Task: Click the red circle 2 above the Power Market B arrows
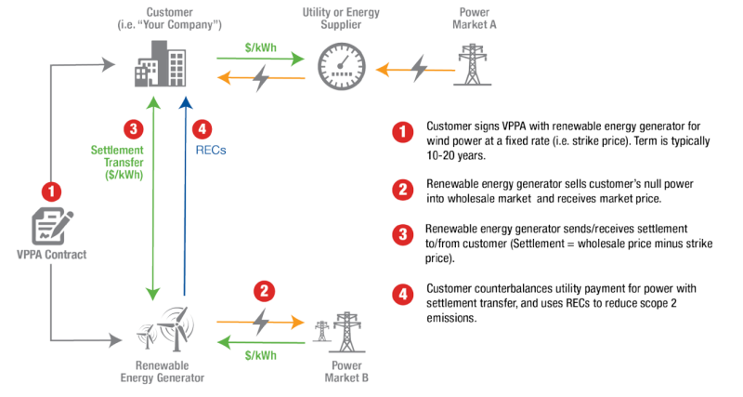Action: click(x=265, y=291)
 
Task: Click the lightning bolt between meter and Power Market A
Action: click(x=419, y=67)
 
